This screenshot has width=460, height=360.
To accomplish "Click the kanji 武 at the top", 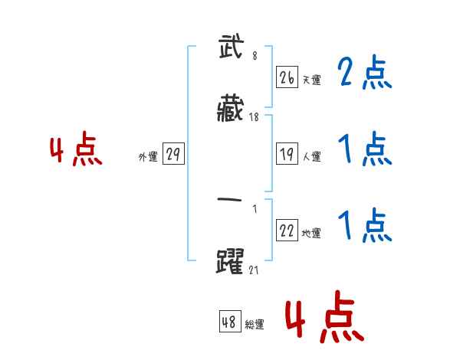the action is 231,49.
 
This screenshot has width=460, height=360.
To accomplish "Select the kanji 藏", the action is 231,110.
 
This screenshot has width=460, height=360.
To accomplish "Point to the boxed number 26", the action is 287,77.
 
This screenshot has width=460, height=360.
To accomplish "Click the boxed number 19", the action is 287,154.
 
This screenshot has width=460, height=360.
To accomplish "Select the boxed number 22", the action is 287,231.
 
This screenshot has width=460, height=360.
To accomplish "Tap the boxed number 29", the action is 172,154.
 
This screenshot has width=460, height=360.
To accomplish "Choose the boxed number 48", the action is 229,322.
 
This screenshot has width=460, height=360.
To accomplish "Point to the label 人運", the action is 311,157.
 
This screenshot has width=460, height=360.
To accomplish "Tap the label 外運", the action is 148,157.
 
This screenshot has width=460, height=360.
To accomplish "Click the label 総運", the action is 254,325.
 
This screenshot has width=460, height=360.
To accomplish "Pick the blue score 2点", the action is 364,74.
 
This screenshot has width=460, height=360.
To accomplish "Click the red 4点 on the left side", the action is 75,151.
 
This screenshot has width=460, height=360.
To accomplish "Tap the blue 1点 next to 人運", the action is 364,149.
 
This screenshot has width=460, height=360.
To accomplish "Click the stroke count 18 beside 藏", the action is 255,117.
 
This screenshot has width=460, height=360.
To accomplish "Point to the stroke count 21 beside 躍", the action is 255,269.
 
